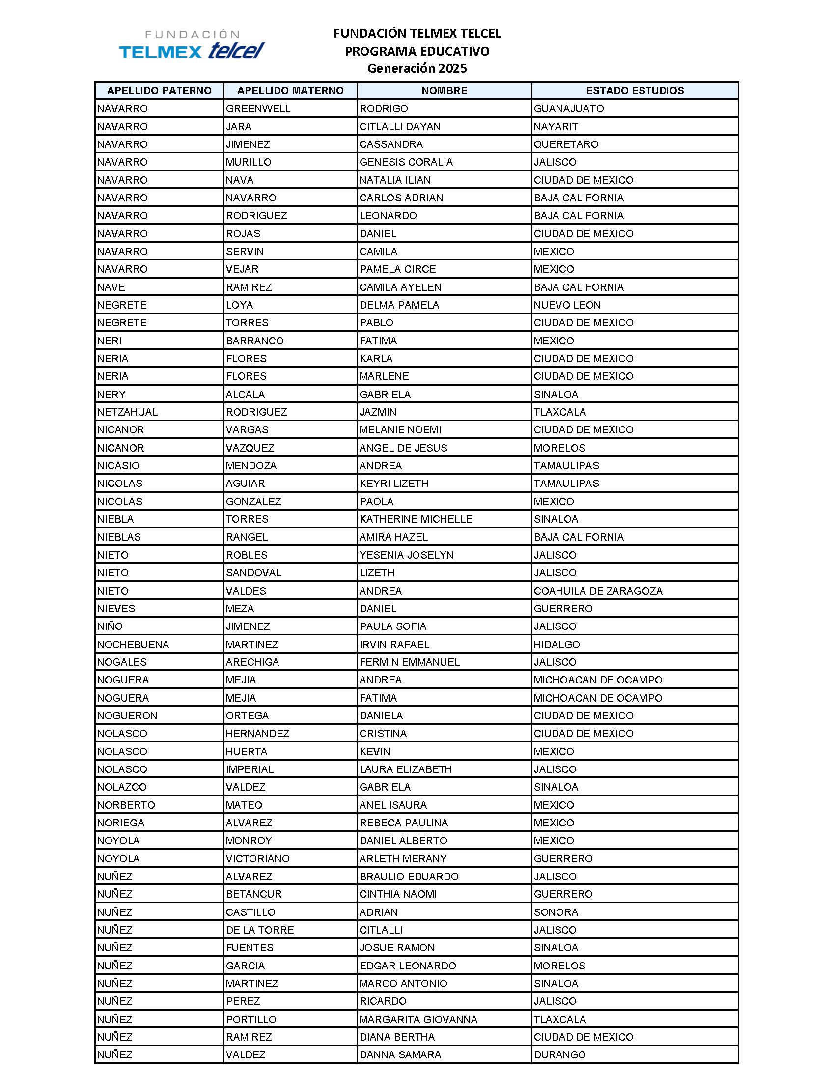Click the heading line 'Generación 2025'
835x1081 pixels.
(417, 68)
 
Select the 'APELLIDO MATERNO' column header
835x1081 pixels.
(290, 90)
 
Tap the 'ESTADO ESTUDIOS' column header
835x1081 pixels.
(635, 90)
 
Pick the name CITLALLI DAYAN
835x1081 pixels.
(400, 126)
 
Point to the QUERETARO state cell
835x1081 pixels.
(566, 144)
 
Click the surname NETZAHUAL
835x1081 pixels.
(128, 412)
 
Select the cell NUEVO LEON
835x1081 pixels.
(567, 305)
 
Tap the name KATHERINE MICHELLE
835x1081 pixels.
(416, 519)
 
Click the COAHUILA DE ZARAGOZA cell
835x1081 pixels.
(598, 591)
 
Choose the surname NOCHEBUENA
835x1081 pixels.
(133, 644)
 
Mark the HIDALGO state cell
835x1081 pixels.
(557, 644)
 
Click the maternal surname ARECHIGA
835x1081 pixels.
(252, 662)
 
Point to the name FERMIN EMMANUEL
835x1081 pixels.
(410, 662)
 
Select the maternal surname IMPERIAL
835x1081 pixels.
(250, 768)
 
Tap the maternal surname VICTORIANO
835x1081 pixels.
(258, 858)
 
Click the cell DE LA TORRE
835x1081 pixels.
(260, 930)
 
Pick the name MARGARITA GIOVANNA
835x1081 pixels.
(418, 1019)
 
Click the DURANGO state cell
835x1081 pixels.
(559, 1055)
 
